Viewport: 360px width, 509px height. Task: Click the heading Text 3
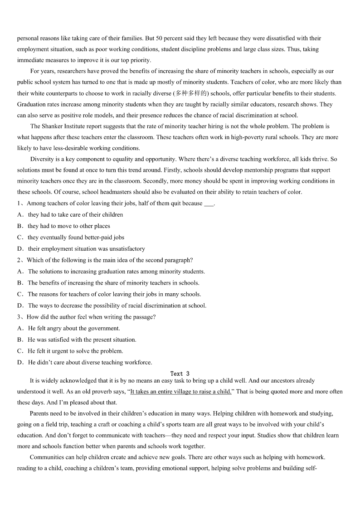pos(180,374)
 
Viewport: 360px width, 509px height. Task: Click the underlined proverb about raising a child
pos(180,392)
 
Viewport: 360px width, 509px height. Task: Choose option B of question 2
pos(113,283)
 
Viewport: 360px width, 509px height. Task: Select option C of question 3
pos(75,351)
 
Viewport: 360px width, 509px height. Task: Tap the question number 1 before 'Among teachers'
pos(19,204)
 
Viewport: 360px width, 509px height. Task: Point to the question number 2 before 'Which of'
pos(19,260)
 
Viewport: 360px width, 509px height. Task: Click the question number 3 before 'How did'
pos(19,317)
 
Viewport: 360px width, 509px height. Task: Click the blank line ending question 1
pos(209,204)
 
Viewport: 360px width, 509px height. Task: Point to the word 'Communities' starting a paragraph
pos(47,457)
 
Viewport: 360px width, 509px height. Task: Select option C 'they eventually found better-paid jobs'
pos(76,238)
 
